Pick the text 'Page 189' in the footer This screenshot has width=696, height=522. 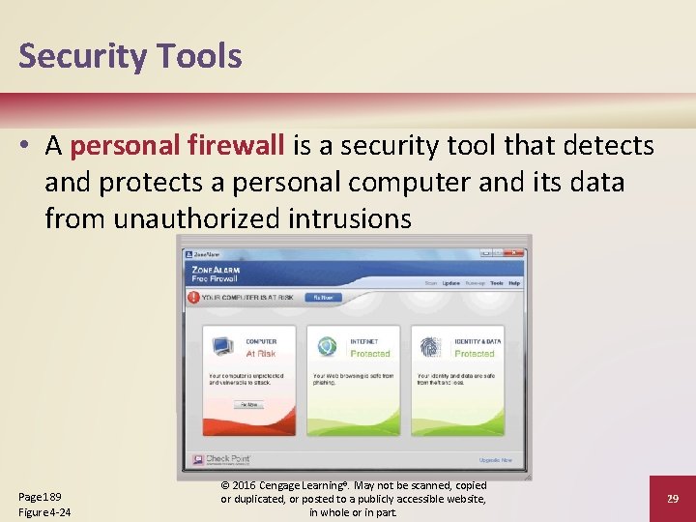coord(41,496)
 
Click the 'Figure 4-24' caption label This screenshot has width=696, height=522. coord(44,511)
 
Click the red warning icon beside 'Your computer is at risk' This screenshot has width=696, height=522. coord(193,298)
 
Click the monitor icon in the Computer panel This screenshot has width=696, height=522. coord(221,346)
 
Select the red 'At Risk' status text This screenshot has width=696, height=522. coord(261,354)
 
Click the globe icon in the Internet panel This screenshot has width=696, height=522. coord(327,346)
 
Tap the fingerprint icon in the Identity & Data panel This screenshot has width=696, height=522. coord(431,346)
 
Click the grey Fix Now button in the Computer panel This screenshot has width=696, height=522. coord(248,404)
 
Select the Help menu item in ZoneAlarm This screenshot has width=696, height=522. coord(514,283)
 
